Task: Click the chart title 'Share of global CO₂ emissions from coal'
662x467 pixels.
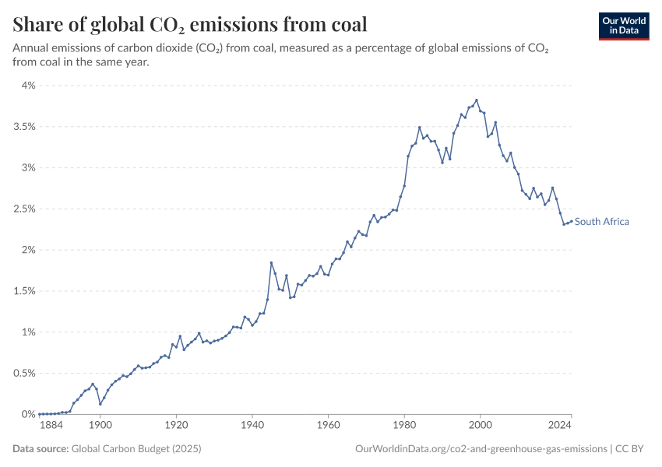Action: pos(190,25)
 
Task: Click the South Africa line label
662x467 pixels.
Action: pos(602,222)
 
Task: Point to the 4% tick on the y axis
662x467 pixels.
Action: pos(28,86)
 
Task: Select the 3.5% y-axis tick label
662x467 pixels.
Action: pos(23,127)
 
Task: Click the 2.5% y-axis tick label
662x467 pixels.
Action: pos(23,209)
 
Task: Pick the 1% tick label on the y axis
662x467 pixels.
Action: pos(28,332)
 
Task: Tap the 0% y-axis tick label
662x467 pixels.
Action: pos(28,414)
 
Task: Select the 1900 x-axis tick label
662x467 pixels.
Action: pos(100,427)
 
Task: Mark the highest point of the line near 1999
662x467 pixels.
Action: pos(476,100)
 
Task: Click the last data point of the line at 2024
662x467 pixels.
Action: pos(571,221)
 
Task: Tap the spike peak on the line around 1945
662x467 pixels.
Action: pos(271,263)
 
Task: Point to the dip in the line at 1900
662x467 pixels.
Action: pos(100,404)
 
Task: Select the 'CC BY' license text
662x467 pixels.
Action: pos(633,449)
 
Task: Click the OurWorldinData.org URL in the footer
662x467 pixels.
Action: pos(481,449)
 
